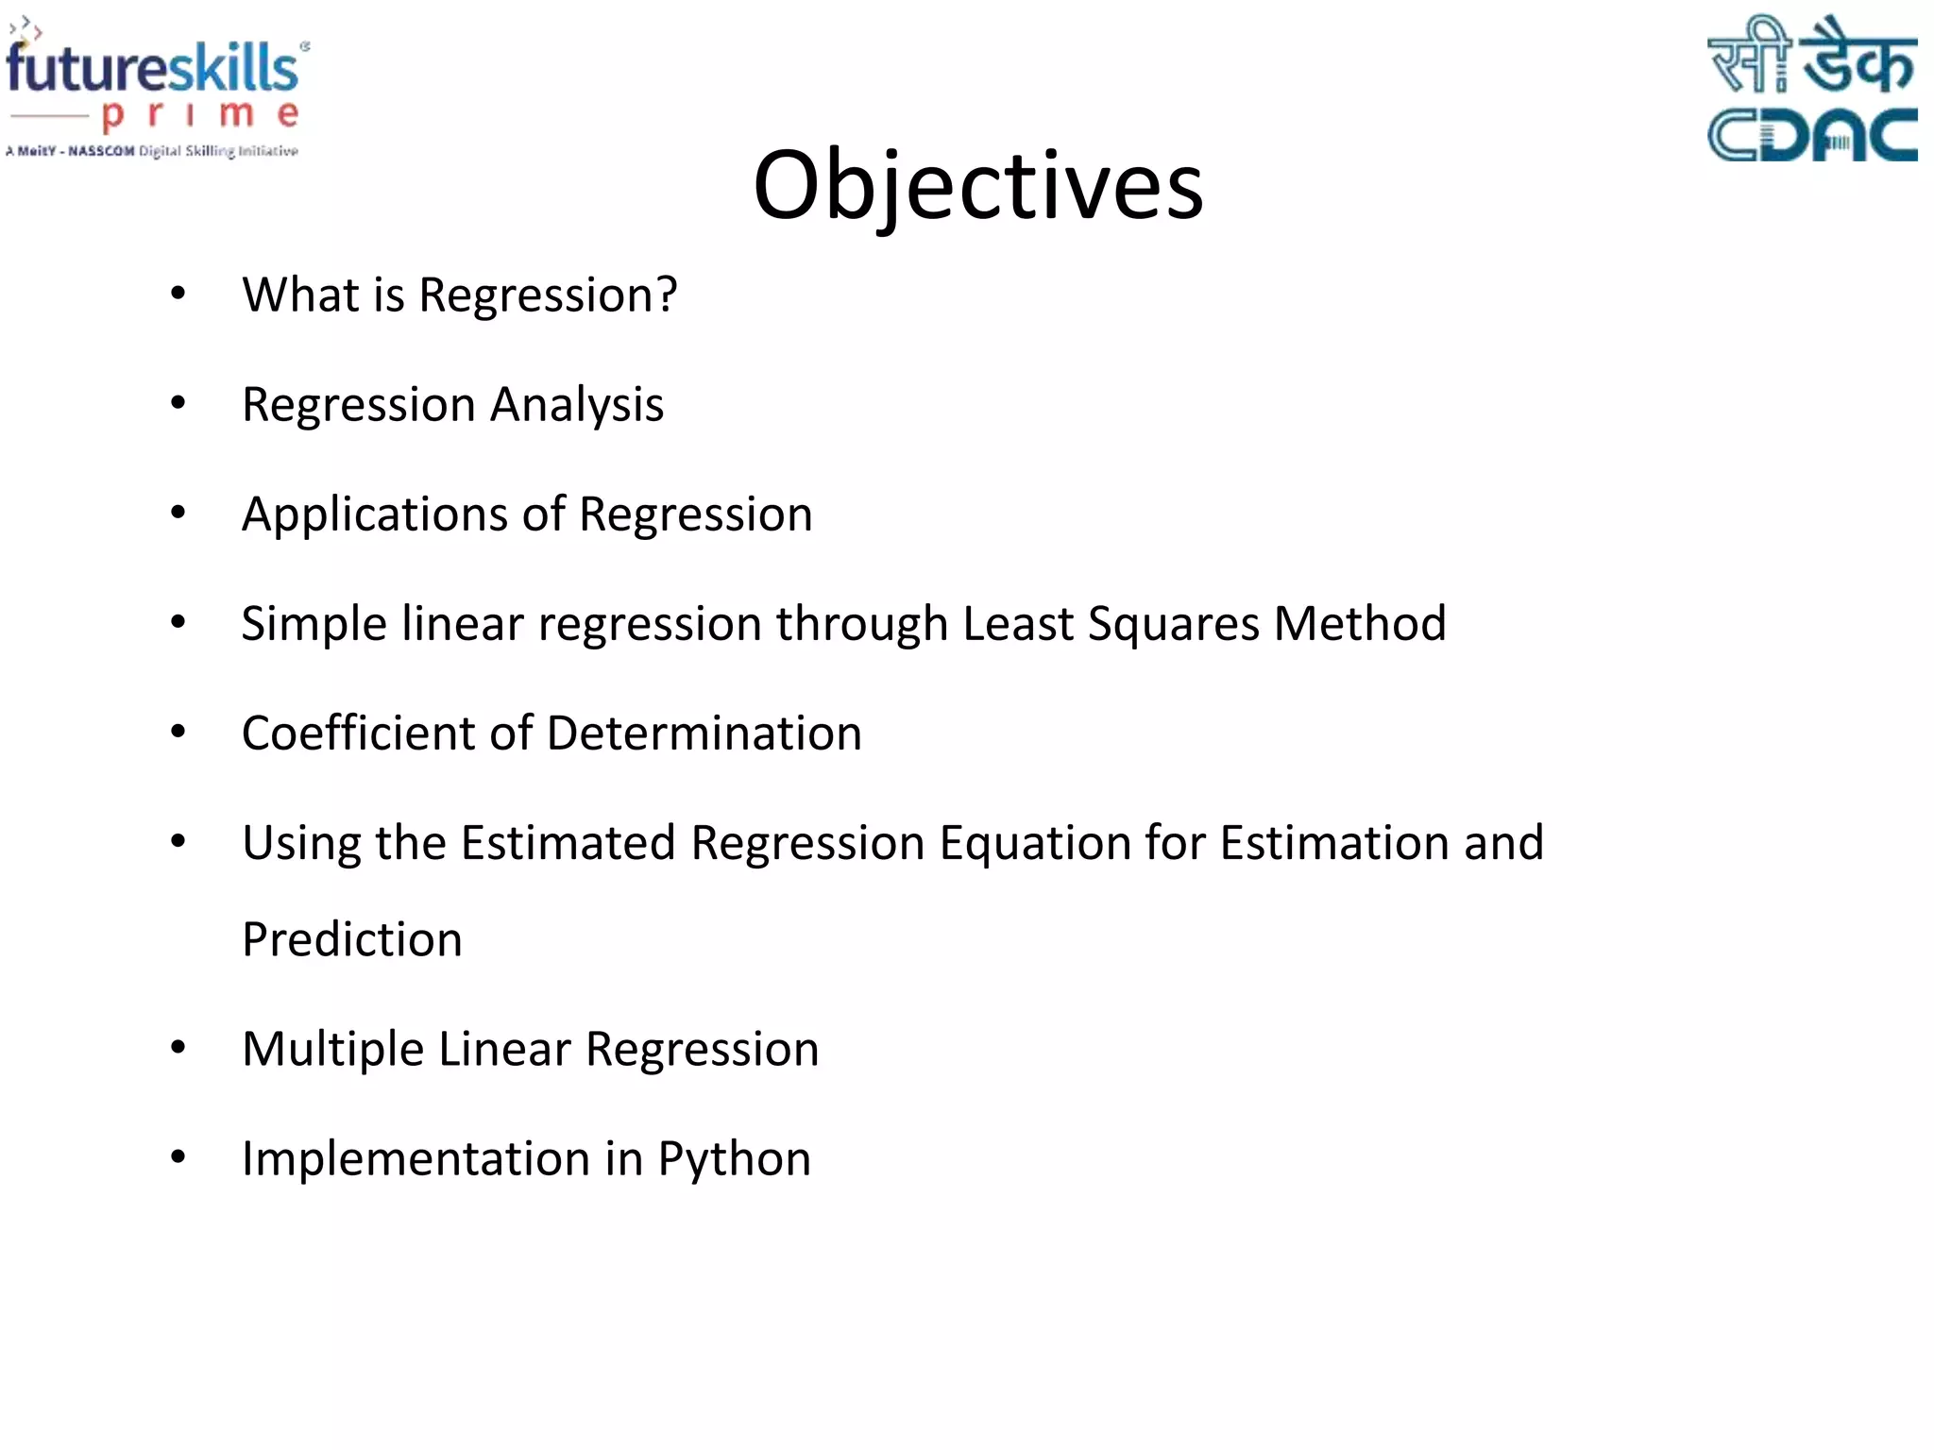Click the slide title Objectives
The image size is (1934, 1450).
pos(977,185)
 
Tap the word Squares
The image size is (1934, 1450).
pos(1174,625)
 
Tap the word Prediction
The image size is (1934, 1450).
pos(352,939)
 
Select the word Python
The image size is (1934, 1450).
pos(734,1160)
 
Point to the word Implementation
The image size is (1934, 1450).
pos(416,1159)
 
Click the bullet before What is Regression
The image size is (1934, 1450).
pos(178,295)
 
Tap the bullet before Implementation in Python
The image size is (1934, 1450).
pos(178,1157)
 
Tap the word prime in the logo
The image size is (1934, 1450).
pos(199,115)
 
